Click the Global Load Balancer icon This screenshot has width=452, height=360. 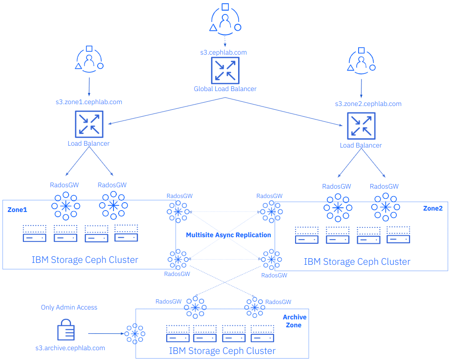225,71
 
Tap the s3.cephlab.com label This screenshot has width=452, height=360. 224,52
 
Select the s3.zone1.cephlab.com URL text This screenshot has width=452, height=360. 89,102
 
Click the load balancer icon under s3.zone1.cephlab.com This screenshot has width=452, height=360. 89,124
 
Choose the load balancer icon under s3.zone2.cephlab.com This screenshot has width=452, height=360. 361,126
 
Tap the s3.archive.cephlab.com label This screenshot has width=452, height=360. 70,348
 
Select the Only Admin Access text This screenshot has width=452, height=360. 69,307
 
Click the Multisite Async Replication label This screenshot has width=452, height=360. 228,235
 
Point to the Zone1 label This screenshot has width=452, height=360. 17,210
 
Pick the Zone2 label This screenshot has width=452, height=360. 432,208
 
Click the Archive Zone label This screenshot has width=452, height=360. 295,321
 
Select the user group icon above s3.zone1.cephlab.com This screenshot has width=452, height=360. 89,60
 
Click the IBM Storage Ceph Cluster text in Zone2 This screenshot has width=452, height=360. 357,261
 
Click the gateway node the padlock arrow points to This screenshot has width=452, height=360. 135,333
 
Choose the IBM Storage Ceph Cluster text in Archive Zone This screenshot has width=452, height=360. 222,350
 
